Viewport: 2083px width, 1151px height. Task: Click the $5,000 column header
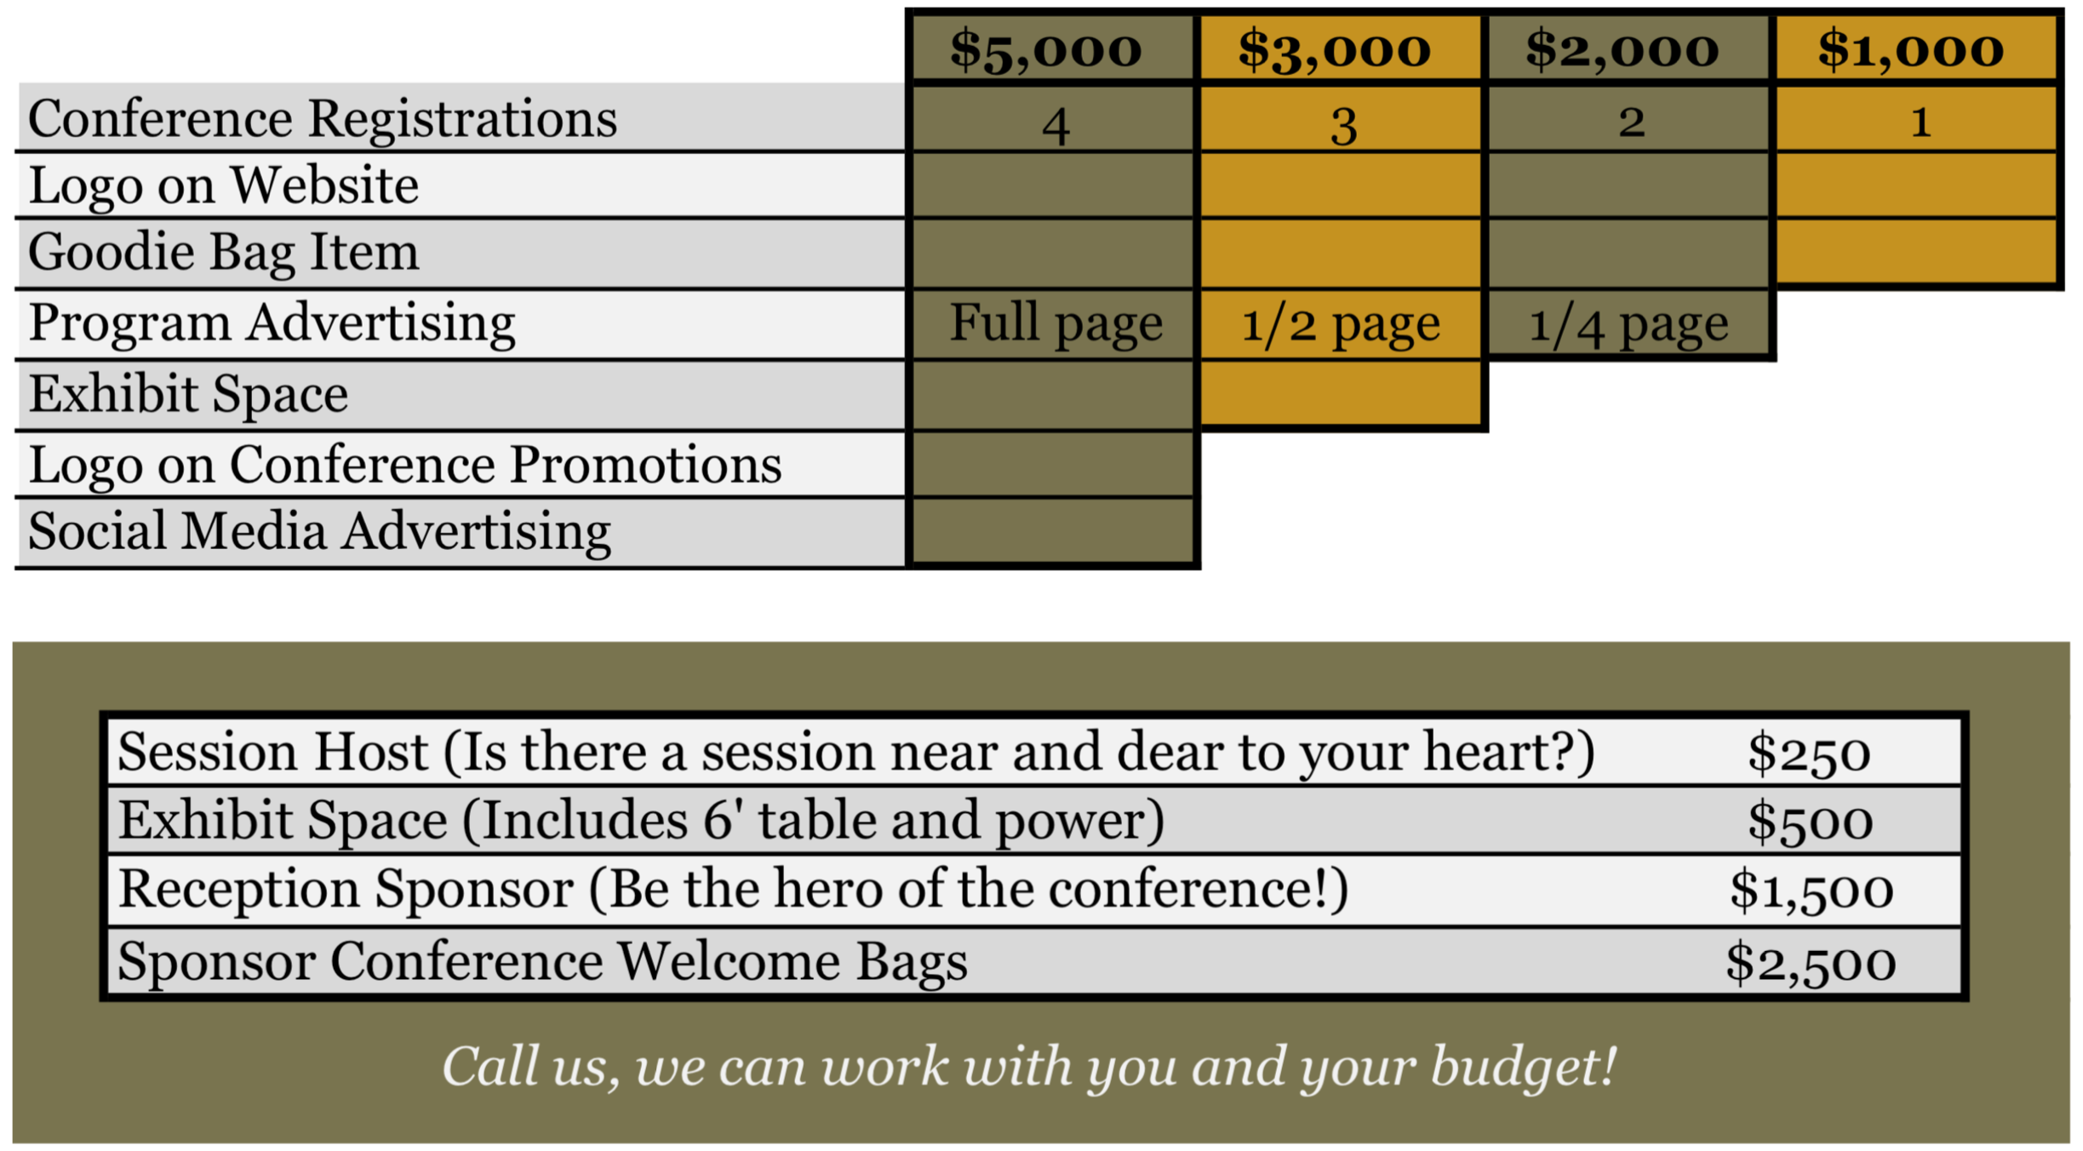(1045, 49)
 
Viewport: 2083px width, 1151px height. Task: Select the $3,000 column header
(1334, 49)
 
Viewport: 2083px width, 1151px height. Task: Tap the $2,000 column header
(1622, 49)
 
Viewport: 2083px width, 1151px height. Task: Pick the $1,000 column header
(1910, 49)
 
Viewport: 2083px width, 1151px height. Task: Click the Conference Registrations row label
(323, 118)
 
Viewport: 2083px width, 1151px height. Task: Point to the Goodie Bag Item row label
(224, 253)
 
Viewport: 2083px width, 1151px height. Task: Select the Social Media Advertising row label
(319, 532)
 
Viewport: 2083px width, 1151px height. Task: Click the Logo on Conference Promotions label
(405, 465)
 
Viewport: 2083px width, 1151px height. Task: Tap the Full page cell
(1056, 324)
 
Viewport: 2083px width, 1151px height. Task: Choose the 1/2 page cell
(1340, 324)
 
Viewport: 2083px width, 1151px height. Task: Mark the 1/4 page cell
(1628, 324)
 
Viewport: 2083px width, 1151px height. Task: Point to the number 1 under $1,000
(1920, 123)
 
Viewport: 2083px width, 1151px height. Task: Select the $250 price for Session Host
(1808, 753)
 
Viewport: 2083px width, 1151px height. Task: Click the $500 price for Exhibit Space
(1810, 822)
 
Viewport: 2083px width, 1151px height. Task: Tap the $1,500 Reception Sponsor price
(1811, 890)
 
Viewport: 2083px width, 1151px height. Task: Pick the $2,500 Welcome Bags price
(1811, 963)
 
